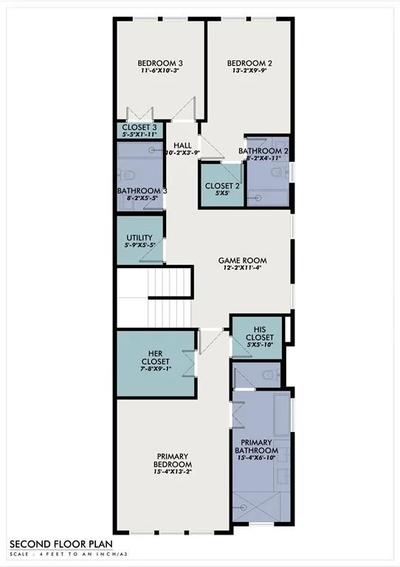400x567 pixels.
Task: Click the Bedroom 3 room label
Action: [159, 63]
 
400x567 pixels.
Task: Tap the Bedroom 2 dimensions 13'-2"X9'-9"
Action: [249, 71]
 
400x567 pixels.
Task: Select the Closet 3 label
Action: [139, 127]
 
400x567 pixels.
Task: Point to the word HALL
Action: [182, 145]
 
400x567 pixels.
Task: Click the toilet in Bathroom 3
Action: [128, 176]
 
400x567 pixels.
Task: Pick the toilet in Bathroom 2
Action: [277, 173]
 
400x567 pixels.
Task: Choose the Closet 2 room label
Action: [222, 186]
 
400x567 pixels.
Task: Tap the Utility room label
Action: [139, 238]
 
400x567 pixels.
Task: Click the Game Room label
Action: [243, 261]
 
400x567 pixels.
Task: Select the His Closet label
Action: [260, 334]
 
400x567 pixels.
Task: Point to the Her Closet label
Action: [156, 357]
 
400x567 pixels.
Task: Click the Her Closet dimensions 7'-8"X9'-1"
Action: [156, 369]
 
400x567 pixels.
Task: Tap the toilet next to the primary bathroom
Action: [269, 375]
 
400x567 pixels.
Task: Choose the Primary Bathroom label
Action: [257, 447]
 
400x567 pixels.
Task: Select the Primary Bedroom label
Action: [173, 461]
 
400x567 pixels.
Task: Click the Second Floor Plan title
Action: [61, 544]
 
